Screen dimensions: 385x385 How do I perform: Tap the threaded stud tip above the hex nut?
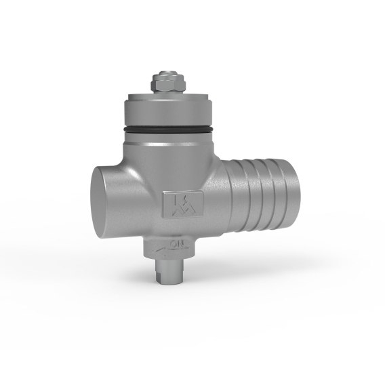167,73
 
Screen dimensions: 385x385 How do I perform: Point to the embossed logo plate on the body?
183,204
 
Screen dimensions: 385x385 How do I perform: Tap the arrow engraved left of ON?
161,249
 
